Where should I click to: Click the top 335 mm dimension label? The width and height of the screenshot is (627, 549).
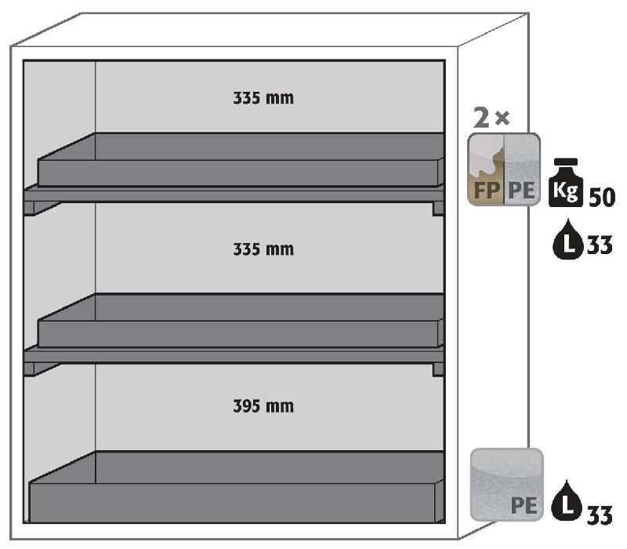click(x=263, y=100)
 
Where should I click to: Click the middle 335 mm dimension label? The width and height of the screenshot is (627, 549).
click(x=263, y=249)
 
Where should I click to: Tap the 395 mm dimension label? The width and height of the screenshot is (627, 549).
click(x=263, y=406)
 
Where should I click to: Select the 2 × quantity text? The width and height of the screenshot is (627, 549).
click(x=492, y=119)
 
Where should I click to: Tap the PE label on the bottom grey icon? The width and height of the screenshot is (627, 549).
click(x=524, y=505)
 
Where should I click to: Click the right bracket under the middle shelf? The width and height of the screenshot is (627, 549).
click(x=437, y=369)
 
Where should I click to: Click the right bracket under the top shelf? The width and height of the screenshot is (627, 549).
click(x=437, y=208)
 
